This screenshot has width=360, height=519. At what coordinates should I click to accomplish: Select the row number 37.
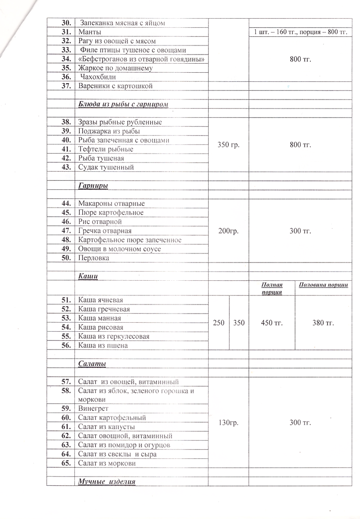(x=66, y=86)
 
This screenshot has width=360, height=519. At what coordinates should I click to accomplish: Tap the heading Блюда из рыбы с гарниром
(x=123, y=104)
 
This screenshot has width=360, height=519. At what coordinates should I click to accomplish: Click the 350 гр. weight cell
(x=229, y=145)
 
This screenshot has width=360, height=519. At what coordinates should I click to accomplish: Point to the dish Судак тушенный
(x=106, y=167)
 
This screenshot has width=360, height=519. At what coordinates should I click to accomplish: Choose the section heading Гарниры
(x=93, y=186)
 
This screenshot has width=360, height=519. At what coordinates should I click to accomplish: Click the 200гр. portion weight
(x=228, y=231)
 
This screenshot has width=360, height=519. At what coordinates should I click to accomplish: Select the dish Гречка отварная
(x=105, y=231)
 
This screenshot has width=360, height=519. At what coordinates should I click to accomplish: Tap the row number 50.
(x=66, y=258)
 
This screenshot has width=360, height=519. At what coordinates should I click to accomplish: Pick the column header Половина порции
(x=324, y=285)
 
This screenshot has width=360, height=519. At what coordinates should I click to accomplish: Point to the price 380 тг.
(x=324, y=323)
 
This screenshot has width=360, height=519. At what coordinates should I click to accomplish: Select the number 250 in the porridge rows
(x=219, y=323)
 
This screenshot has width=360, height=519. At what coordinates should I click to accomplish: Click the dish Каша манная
(x=100, y=318)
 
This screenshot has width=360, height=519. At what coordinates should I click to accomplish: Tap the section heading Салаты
(x=92, y=364)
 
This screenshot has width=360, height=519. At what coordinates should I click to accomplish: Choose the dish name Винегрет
(x=93, y=409)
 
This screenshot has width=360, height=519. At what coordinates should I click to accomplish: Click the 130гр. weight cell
(x=228, y=423)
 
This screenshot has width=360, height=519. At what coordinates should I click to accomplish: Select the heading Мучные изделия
(x=107, y=482)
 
